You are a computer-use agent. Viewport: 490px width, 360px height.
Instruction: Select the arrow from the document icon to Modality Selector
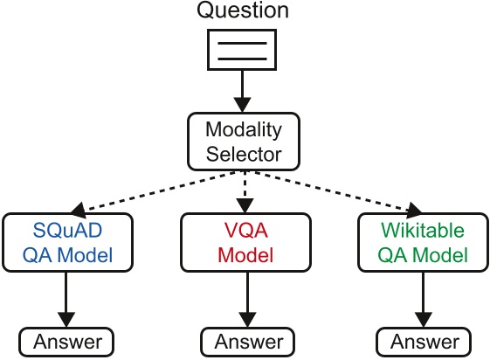pos(245,92)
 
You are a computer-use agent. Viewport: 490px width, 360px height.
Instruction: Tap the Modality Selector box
pos(245,142)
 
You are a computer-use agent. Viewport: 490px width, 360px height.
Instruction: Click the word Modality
pos(245,130)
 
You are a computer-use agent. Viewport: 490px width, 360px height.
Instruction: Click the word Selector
pos(245,154)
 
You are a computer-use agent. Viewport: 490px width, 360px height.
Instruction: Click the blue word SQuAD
pos(68,232)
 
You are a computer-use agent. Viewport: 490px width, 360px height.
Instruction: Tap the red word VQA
pos(245,232)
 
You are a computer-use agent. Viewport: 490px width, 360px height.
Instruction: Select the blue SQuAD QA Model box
pos(68,244)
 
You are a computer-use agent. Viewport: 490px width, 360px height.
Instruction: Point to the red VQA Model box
pos(245,244)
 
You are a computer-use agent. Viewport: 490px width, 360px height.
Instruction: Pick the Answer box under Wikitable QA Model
pos(418,342)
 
